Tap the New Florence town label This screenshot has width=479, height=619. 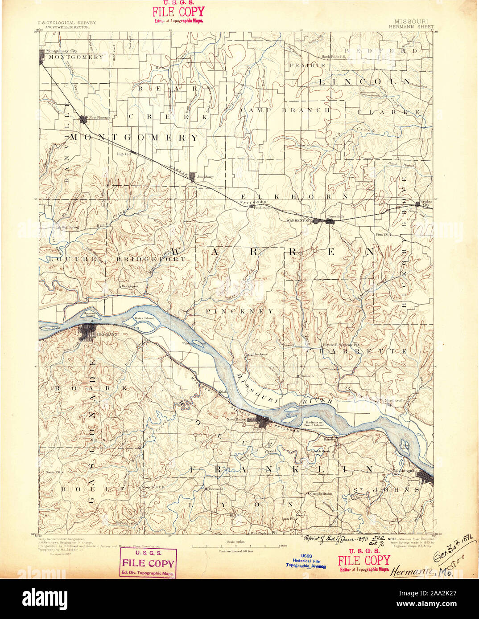point(99,118)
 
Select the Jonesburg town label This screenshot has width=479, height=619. point(204,177)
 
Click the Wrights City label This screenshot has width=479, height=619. point(427,204)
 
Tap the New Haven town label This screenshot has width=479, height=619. point(237,419)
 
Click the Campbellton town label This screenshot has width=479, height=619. point(321,493)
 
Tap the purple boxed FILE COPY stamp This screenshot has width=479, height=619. point(148,563)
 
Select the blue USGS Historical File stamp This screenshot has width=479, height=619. point(306,561)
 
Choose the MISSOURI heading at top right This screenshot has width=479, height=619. point(411,21)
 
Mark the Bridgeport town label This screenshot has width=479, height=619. point(130,286)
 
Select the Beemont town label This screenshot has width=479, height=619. point(216,489)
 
